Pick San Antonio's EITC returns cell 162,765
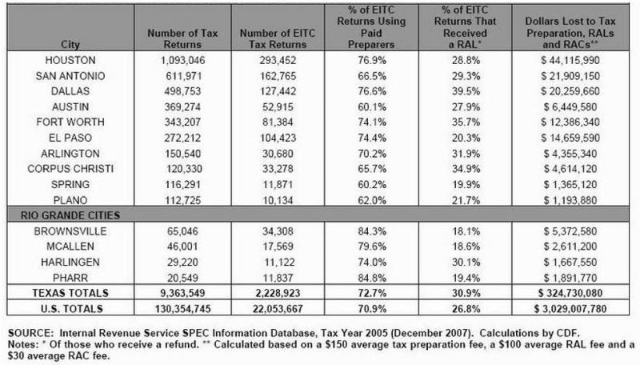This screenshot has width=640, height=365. [272, 76]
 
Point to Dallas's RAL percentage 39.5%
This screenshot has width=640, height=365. [466, 91]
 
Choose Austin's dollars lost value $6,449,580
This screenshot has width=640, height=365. [569, 106]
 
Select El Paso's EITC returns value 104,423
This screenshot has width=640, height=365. [272, 137]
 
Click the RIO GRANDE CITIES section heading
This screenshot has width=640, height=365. [64, 215]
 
